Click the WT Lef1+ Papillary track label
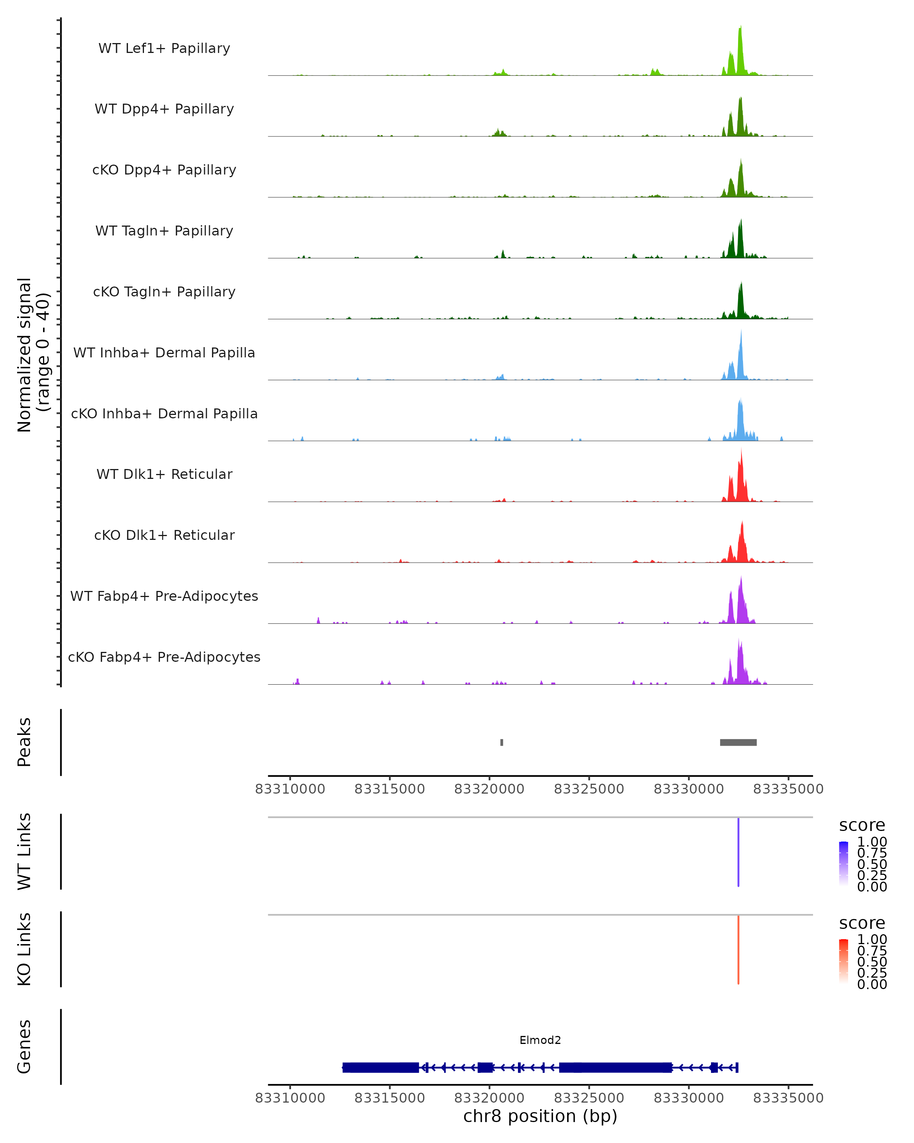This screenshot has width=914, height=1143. (x=164, y=48)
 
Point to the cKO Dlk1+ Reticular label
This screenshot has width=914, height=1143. (x=164, y=535)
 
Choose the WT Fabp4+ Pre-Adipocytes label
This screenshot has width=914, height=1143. (x=164, y=596)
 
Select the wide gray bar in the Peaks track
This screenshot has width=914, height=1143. (x=738, y=742)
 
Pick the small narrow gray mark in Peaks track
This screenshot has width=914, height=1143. (x=502, y=742)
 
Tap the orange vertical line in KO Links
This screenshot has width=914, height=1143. (x=738, y=949)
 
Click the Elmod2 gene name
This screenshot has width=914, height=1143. (x=540, y=1040)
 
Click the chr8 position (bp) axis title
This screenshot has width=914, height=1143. (x=540, y=1116)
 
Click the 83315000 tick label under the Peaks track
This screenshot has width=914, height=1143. (x=390, y=789)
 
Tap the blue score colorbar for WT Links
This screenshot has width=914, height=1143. (x=844, y=864)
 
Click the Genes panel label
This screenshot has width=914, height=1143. (x=24, y=1047)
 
